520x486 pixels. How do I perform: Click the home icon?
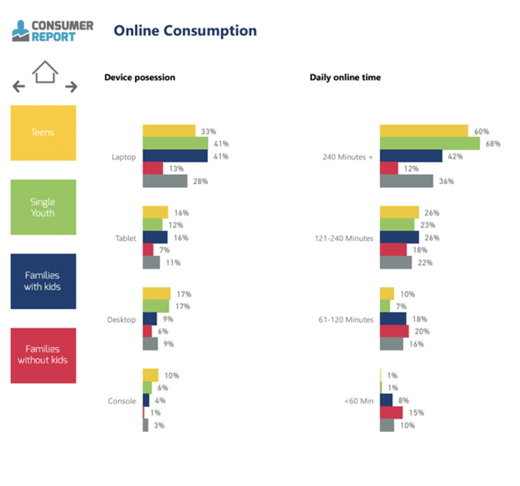pyautogui.click(x=45, y=72)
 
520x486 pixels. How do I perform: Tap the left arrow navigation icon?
pyautogui.click(x=18, y=87)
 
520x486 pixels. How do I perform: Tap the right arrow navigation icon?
pyautogui.click(x=71, y=87)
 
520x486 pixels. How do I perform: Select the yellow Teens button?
pyautogui.click(x=43, y=133)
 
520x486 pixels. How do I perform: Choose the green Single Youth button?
pyautogui.click(x=43, y=207)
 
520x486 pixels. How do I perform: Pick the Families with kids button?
pyautogui.click(x=43, y=282)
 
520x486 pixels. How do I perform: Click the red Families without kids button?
pyautogui.click(x=43, y=355)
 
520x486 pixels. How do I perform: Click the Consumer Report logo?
pyautogui.click(x=52, y=31)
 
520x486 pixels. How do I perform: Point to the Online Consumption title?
pyautogui.click(x=185, y=31)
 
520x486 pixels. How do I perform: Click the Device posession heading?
pyautogui.click(x=140, y=77)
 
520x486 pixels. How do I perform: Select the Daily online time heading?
pyautogui.click(x=345, y=77)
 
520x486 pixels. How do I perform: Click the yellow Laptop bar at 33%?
pyautogui.click(x=169, y=131)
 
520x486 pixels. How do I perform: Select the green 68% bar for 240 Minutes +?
pyautogui.click(x=430, y=144)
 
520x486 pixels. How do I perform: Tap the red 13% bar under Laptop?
pyautogui.click(x=153, y=168)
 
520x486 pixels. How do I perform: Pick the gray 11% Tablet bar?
pyautogui.click(x=151, y=262)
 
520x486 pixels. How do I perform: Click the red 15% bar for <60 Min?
pyautogui.click(x=391, y=412)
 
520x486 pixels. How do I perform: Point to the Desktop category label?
pyautogui.click(x=121, y=319)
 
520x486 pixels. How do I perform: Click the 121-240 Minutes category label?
pyautogui.click(x=344, y=238)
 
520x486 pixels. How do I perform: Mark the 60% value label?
pyautogui.click(x=481, y=132)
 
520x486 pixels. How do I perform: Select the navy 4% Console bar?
pyautogui.click(x=146, y=400)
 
